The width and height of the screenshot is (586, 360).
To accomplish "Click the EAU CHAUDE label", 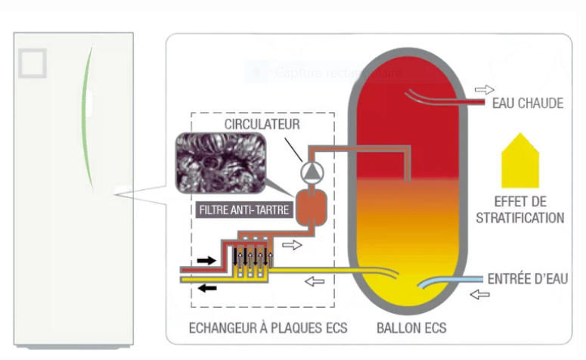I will [527, 104].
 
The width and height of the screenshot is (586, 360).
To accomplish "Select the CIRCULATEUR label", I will [262, 123].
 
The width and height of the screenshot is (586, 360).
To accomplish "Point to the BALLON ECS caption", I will [411, 328].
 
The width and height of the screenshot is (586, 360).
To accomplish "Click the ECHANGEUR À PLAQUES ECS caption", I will [267, 328].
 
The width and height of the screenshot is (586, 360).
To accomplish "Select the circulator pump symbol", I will [311, 172].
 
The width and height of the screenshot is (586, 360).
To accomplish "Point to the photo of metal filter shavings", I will [220, 163].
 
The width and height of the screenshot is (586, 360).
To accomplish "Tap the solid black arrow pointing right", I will [206, 260].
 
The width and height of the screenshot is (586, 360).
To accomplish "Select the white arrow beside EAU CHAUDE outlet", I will [473, 88].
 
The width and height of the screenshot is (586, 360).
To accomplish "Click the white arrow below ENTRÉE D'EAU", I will [479, 294].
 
